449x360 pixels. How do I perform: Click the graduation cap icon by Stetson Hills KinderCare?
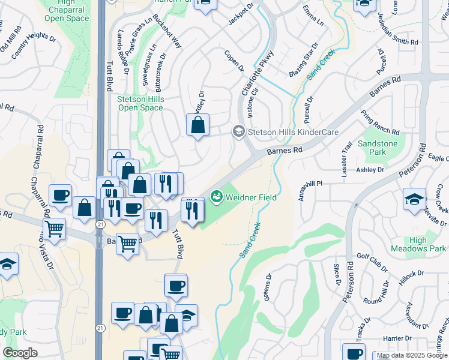coord(238,132)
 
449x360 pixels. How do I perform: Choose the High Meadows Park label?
coord(418,244)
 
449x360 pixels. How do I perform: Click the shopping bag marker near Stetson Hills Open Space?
coord(197,127)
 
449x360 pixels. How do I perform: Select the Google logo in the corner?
coord(20,352)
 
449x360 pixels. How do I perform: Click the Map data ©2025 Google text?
coord(412,356)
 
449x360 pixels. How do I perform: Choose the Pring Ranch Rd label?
coord(379,122)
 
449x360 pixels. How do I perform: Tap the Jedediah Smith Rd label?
coord(397,32)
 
